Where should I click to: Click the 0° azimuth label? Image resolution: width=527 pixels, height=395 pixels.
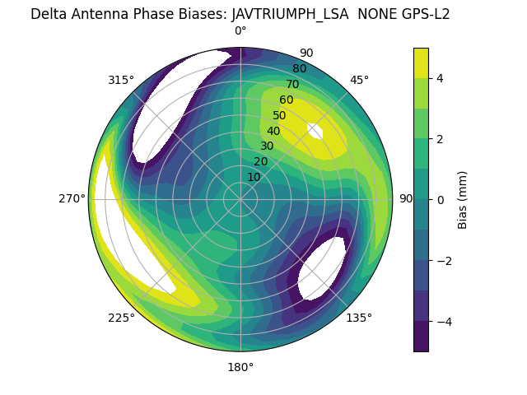[x=240, y=31]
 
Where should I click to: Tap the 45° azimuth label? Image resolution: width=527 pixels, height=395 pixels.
[x=359, y=80]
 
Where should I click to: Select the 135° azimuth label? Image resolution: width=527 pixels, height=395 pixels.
[x=359, y=318]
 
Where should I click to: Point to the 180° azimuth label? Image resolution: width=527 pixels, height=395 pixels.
[x=240, y=367]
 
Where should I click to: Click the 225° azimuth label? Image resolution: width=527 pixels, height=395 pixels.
[x=121, y=318]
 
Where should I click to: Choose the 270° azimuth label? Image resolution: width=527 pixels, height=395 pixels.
[x=72, y=198]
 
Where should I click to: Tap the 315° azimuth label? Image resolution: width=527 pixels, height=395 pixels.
[x=121, y=80]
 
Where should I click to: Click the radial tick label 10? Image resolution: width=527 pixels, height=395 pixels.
[x=254, y=177]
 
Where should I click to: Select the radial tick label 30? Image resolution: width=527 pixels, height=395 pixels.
[x=267, y=146]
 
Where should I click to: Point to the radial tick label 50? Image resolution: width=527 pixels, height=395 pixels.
[x=280, y=115]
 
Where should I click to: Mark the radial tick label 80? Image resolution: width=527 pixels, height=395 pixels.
[x=299, y=68]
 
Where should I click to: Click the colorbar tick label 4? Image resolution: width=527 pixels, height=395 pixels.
[x=441, y=78]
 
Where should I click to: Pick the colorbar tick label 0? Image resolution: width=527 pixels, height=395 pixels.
[x=441, y=200]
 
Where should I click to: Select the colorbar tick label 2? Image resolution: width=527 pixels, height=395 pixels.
[x=441, y=139]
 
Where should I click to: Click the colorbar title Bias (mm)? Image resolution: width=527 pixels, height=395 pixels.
[x=463, y=200]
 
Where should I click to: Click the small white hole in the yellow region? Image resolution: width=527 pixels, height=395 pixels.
[x=315, y=131]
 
